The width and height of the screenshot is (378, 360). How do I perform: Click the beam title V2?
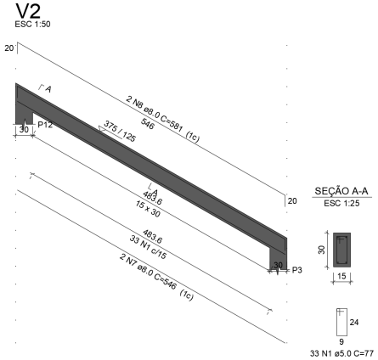pyautogui.click(x=28, y=11)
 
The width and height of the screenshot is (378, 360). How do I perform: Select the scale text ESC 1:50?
pyautogui.click(x=32, y=25)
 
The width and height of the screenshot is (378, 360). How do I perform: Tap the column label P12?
pyautogui.click(x=45, y=125)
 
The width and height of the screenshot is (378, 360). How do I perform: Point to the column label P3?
pyautogui.click(x=297, y=270)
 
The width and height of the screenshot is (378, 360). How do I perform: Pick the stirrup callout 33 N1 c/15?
pyautogui.click(x=148, y=247)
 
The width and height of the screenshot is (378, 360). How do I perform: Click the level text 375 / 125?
pyautogui.click(x=120, y=131)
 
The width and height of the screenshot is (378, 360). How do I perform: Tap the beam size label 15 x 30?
pyautogui.click(x=148, y=209)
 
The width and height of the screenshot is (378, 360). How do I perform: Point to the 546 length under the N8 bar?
pyautogui.click(x=147, y=124)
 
